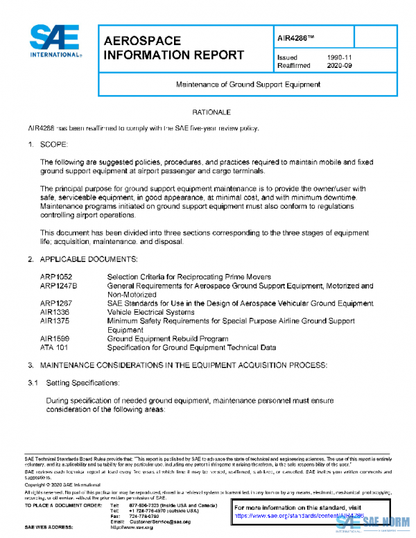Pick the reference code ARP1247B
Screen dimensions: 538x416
coord(59,286)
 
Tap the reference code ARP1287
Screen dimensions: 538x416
coord(56,304)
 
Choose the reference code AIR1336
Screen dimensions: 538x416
coord(55,312)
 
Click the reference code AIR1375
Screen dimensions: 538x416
coord(55,321)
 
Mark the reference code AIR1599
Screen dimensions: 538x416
coord(55,339)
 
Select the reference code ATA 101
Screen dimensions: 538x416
coord(54,347)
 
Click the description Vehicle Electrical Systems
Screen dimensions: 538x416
coord(150,312)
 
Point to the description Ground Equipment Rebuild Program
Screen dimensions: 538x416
coord(166,339)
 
